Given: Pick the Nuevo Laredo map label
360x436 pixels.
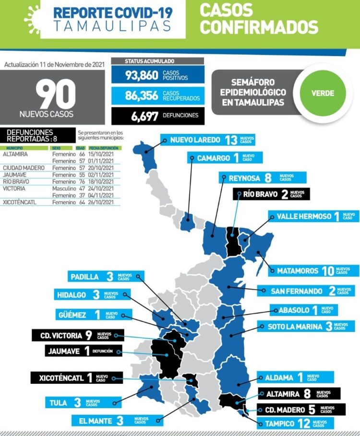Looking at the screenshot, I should [x=207, y=140].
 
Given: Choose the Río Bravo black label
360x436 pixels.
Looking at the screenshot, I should [x=271, y=194].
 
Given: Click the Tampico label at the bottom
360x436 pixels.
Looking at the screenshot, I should [x=296, y=424].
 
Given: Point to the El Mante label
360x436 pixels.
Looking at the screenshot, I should [x=115, y=421].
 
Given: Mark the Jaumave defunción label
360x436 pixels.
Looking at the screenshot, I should [x=84, y=351].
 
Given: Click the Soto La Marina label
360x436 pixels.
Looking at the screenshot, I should [x=306, y=327].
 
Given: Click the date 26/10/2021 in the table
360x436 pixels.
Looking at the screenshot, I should [x=101, y=202].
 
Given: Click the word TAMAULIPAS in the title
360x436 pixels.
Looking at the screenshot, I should [x=112, y=26].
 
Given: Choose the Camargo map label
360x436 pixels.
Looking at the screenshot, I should [x=225, y=158].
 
